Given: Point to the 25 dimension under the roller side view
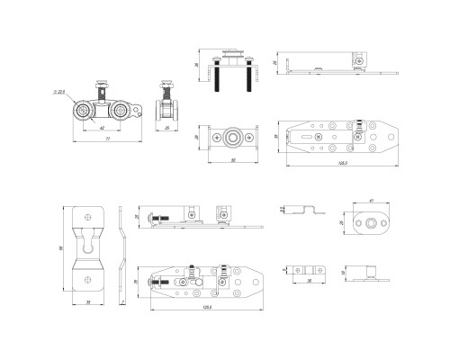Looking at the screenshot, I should coord(166,129).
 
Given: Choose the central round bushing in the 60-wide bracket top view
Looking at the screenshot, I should coord(233,137).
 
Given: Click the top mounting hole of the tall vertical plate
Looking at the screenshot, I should coord(88,216).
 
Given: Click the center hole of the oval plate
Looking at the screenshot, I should coord(369,221).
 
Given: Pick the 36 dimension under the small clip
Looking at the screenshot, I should coord(305,281).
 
